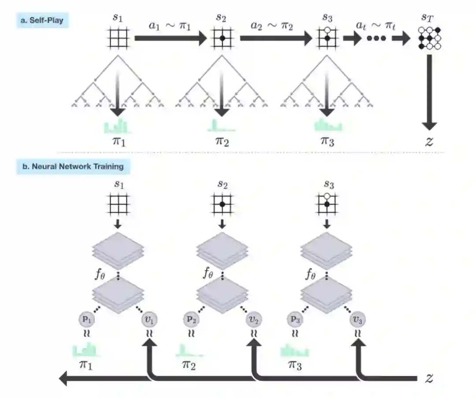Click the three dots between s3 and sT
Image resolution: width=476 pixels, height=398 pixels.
(x=377, y=38)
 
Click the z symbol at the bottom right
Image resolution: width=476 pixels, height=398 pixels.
(x=428, y=378)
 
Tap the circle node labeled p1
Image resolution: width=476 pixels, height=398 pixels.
(x=86, y=319)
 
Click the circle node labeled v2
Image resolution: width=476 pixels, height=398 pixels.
(x=253, y=319)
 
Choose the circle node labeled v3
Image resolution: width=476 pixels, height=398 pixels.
(x=358, y=319)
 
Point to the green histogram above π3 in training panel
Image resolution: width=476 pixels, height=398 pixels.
(x=295, y=351)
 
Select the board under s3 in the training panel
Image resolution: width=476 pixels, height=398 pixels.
(x=327, y=204)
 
